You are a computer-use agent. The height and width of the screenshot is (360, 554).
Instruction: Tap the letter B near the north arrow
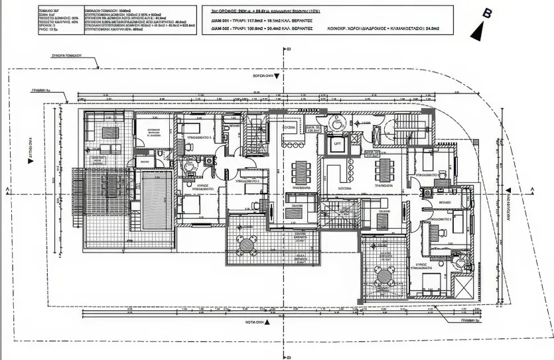tap(488, 13)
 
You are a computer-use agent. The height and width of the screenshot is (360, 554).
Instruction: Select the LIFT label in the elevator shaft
tap(337, 143)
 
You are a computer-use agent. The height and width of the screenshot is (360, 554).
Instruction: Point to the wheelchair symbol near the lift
tap(337, 122)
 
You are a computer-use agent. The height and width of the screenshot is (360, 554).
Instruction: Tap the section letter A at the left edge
tap(6, 190)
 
